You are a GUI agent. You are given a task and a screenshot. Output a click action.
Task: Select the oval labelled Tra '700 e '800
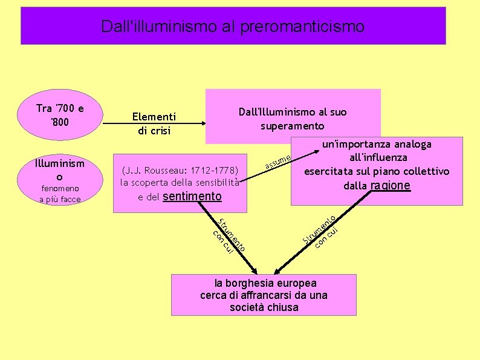point(60,114)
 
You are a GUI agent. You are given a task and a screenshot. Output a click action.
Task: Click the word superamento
point(293,126)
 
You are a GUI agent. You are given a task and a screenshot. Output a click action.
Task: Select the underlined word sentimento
point(192,196)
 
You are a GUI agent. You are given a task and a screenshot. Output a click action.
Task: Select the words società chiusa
point(264,307)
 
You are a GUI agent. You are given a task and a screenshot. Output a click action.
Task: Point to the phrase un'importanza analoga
point(377,145)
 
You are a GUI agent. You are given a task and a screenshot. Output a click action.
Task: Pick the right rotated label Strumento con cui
point(323,232)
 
